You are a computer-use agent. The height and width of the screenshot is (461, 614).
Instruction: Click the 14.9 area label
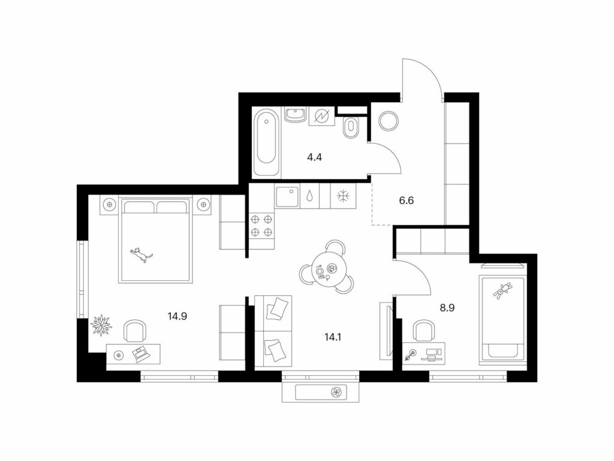click(x=177, y=316)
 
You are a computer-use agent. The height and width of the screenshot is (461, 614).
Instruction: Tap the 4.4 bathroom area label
click(x=314, y=158)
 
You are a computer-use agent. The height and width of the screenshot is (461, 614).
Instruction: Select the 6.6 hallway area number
click(x=406, y=200)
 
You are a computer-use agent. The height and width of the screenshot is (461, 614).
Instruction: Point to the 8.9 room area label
click(x=447, y=308)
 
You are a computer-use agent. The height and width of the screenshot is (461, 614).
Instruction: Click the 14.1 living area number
click(x=333, y=336)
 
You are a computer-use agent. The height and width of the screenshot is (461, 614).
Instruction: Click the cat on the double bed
click(x=141, y=255)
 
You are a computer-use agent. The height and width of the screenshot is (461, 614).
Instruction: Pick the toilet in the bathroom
click(x=350, y=127)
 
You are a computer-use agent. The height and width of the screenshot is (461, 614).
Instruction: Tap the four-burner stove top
click(x=261, y=226)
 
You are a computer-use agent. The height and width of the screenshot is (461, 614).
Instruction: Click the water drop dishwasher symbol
click(x=310, y=196)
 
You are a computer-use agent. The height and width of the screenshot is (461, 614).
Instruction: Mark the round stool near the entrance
click(x=389, y=120)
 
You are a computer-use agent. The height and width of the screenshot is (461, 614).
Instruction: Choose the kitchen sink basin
click(x=287, y=196)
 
